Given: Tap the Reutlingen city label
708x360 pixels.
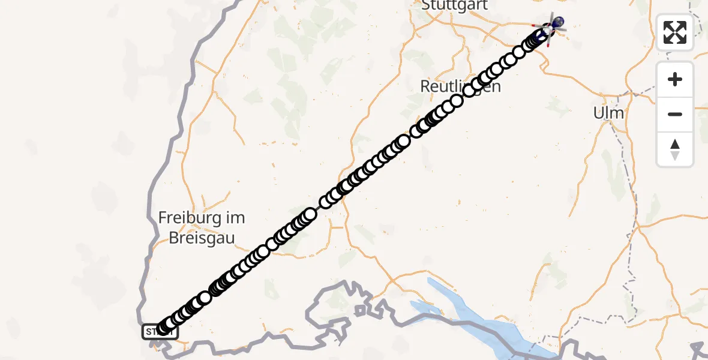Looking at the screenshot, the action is coord(460,86).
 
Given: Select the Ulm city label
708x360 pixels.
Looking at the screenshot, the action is coord(608,113).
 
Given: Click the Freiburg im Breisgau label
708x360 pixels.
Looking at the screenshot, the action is coord(202,227).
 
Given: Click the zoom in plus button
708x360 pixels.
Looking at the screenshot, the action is coord(675,79).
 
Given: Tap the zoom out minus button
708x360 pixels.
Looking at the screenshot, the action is coord(675,114).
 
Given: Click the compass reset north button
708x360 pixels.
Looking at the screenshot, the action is coord(675,149).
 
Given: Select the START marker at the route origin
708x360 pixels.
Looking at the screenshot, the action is coord(160,331).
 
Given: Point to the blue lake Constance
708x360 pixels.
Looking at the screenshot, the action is coord(480,318).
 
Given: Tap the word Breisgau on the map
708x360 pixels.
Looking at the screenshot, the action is coord(202,238).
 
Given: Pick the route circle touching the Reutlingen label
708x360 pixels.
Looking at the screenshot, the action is coord(469,91).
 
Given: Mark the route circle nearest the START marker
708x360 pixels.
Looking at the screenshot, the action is coord(163,328).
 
